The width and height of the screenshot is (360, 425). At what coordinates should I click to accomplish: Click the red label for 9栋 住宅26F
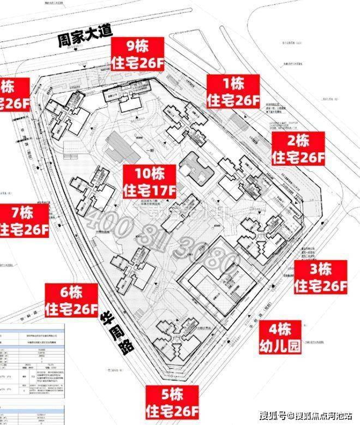[137, 53]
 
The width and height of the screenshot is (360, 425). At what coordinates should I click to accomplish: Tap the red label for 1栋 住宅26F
[233, 92]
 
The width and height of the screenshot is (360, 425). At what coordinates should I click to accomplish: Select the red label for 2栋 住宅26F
[298, 148]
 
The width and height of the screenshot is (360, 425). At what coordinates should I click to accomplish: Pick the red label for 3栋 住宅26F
[321, 277]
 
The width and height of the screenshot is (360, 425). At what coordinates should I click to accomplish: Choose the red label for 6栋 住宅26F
[71, 301]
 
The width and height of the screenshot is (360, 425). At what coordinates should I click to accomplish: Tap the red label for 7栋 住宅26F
[24, 220]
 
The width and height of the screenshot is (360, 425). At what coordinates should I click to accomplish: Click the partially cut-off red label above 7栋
[15, 94]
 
